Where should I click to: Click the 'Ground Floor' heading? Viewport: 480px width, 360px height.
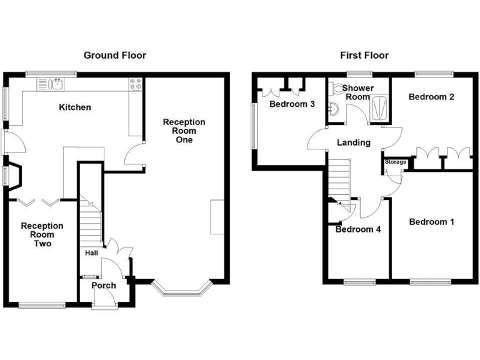click(x=115, y=56)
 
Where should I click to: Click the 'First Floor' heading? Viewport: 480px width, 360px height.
click(x=364, y=56)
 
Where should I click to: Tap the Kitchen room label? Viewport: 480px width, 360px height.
click(x=75, y=107)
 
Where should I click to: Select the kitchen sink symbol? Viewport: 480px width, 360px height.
click(x=49, y=84)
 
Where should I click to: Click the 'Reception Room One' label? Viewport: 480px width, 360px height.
click(x=184, y=131)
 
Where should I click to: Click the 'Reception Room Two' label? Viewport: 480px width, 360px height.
click(x=42, y=234)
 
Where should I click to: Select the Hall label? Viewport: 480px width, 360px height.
click(x=91, y=253)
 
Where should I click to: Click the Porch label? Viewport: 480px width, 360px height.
click(x=104, y=286)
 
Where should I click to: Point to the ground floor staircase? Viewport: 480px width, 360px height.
click(x=91, y=225)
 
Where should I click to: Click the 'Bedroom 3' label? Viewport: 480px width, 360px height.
click(x=292, y=104)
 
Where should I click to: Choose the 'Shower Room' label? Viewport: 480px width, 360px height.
click(x=358, y=92)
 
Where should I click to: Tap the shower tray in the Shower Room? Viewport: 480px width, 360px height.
click(x=379, y=109)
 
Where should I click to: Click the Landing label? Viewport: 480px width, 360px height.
click(x=354, y=142)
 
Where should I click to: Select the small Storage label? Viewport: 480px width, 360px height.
click(x=395, y=162)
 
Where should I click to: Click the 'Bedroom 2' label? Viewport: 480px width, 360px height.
click(x=431, y=97)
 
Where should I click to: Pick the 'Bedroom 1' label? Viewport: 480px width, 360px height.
click(x=431, y=222)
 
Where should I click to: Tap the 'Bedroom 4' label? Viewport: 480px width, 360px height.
click(x=358, y=229)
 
